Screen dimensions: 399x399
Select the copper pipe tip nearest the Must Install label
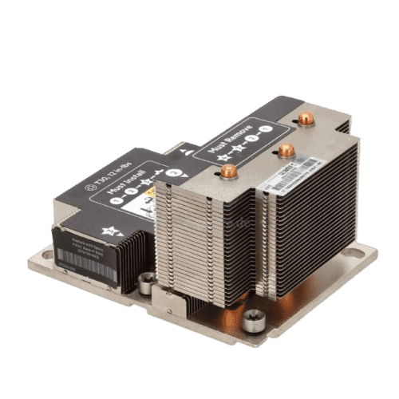coord(230,170)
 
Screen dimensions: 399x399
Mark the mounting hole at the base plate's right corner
coord(369,257)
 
